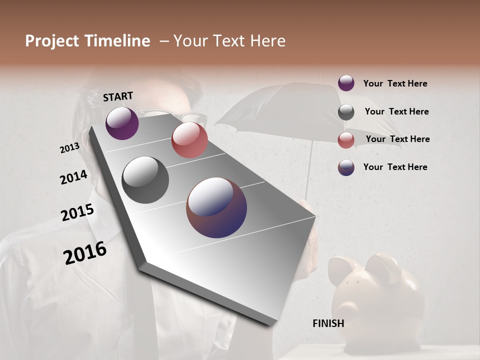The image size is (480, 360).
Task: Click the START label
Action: [x=118, y=96]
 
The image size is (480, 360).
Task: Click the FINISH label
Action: [x=328, y=323]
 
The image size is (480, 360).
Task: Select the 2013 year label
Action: [x=69, y=148]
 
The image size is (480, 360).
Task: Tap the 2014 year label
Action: [x=73, y=177]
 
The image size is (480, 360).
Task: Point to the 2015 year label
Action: [x=77, y=212]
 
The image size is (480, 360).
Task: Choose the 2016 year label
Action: [x=85, y=253]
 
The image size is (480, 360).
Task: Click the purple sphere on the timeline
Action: [x=122, y=123]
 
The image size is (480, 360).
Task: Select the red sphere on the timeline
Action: [x=189, y=140]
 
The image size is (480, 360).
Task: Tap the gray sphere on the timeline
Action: [x=145, y=180]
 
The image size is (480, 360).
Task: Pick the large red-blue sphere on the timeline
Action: [x=216, y=207]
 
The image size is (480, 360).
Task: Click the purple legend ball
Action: [x=346, y=83]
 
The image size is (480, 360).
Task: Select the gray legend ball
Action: [x=346, y=112]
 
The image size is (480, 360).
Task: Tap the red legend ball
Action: [x=346, y=140]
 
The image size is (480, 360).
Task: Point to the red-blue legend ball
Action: [x=346, y=167]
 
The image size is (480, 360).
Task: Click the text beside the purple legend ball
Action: [x=395, y=84]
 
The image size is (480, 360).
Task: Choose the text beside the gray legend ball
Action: [x=396, y=111]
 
